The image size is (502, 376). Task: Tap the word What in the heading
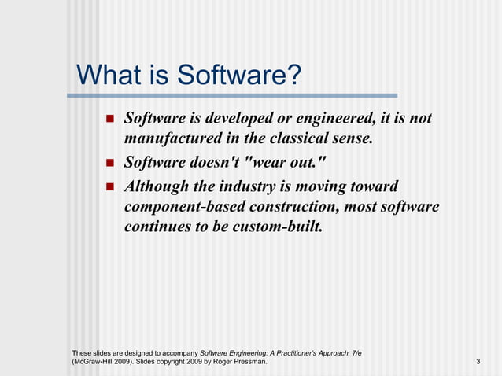pyautogui.click(x=108, y=76)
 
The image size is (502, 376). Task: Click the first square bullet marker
pyautogui.click(x=110, y=120)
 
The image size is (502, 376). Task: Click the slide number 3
pyautogui.click(x=478, y=362)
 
